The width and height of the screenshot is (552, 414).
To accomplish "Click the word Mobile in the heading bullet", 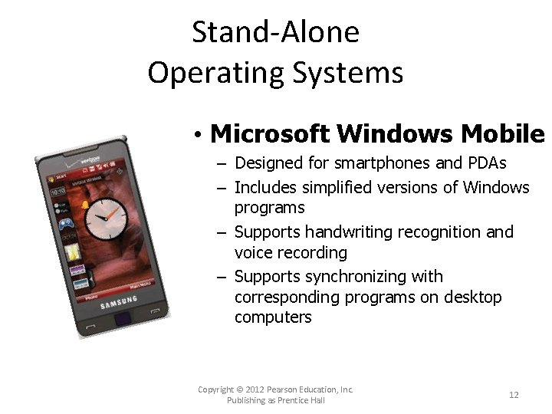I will pyautogui.click(x=503, y=134).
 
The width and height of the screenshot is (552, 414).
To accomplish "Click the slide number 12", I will pyautogui.click(x=514, y=395).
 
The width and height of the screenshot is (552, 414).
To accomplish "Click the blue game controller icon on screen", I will pyautogui.click(x=67, y=225).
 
